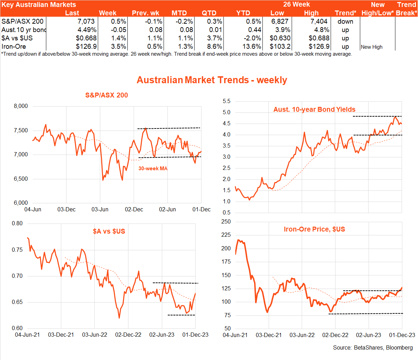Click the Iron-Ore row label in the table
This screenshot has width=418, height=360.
pyautogui.click(x=14, y=47)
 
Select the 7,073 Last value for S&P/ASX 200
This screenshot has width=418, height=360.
pyautogui.click(x=86, y=22)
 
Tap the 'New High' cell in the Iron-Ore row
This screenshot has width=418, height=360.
pyautogui.click(x=372, y=47)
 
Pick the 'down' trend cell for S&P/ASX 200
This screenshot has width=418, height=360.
pyautogui.click(x=345, y=22)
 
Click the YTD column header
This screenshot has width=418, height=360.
pyautogui.click(x=243, y=13)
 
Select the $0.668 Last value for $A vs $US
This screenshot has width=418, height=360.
pyautogui.click(x=86, y=38)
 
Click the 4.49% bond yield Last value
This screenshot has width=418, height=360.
pyautogui.click(x=87, y=30)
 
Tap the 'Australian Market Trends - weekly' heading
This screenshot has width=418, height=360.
pyautogui.click(x=212, y=80)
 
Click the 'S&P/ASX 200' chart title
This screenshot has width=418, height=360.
pyautogui.click(x=107, y=95)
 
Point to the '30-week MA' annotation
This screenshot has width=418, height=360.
pyautogui.click(x=153, y=169)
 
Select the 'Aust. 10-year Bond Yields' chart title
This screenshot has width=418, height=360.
pyautogui.click(x=314, y=109)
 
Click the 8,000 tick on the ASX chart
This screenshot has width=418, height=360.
pyautogui.click(x=21, y=106)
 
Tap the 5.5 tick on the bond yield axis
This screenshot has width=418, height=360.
pyautogui.click(x=227, y=101)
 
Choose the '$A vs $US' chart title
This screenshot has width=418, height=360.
pyautogui.click(x=109, y=231)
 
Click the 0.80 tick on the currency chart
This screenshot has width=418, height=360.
pyautogui.click(x=17, y=224)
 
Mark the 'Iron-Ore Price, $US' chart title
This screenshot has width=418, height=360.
pyautogui.click(x=314, y=229)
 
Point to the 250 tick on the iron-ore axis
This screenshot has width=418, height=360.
pyautogui.click(x=226, y=222)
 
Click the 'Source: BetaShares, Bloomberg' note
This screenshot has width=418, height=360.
pyautogui.click(x=373, y=347)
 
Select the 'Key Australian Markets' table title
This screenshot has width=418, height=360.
pyautogui.click(x=39, y=5)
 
